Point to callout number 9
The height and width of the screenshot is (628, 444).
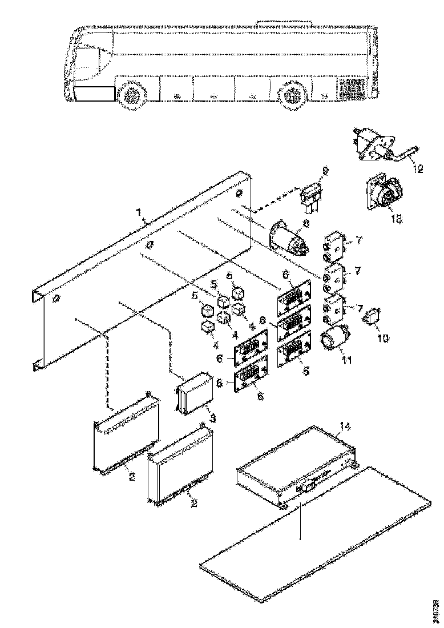(x=326, y=170)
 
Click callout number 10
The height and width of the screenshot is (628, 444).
(x=382, y=338)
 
